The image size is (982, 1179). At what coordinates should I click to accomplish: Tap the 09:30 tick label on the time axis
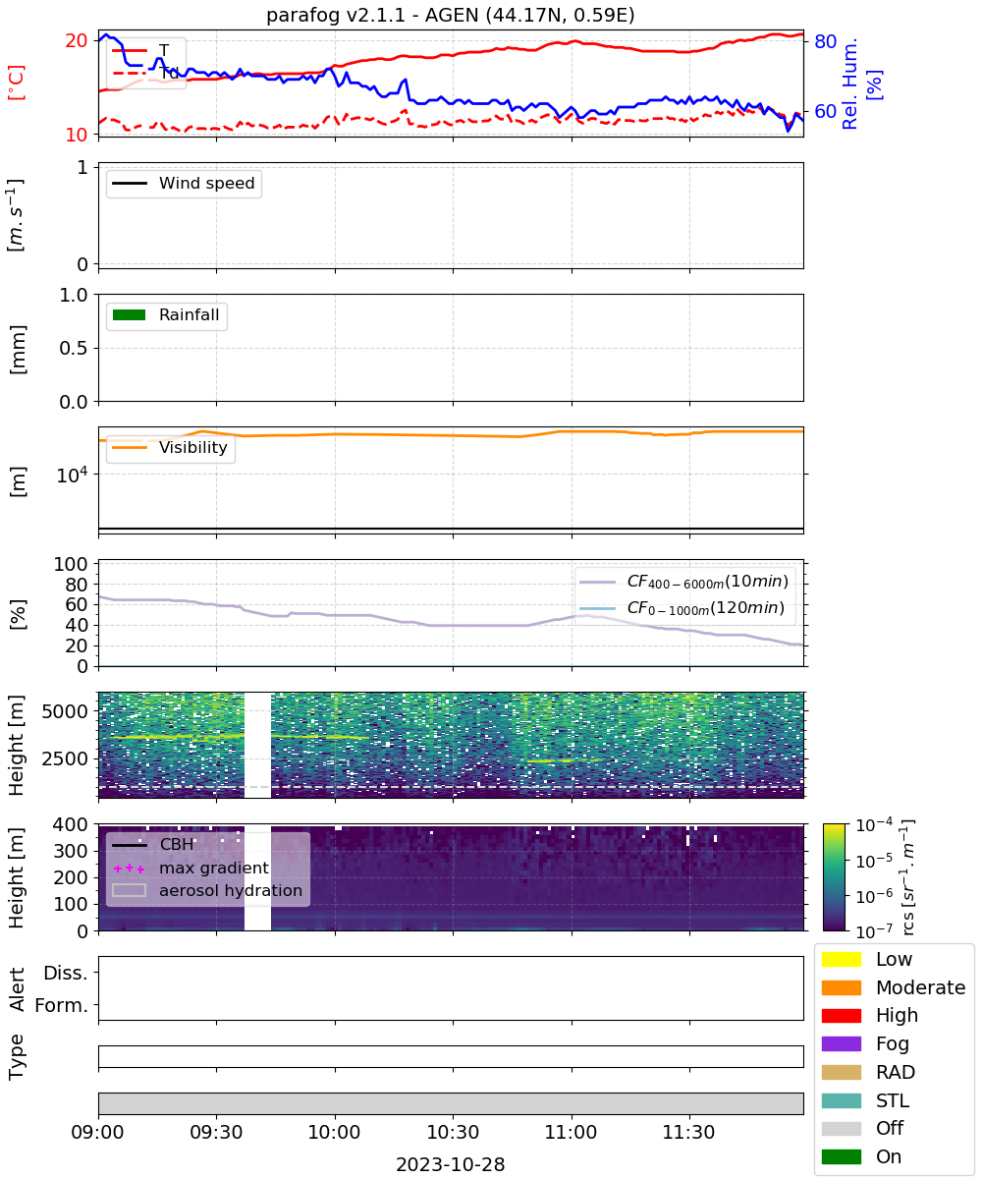point(216,1132)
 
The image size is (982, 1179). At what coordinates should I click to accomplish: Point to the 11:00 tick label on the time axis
point(571,1132)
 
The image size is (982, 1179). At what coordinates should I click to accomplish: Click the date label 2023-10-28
point(451,1163)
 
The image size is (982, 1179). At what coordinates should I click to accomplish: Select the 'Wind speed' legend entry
point(184,183)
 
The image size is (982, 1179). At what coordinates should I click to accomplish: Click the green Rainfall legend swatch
point(130,314)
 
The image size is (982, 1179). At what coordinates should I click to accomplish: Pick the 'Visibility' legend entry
point(169,447)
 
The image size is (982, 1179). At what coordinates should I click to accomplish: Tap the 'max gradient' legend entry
point(191,868)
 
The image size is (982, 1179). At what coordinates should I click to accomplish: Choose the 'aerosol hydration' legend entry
point(207,890)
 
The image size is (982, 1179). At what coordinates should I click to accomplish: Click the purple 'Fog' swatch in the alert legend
point(841,1043)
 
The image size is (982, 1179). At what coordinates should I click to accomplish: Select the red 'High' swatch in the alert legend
point(841,1015)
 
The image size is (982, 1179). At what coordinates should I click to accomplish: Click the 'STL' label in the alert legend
point(893,1100)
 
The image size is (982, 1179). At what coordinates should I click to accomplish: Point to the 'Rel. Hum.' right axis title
point(849,84)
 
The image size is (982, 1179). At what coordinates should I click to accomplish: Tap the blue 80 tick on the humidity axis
point(825,41)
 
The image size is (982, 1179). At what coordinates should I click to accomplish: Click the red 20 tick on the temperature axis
point(77,40)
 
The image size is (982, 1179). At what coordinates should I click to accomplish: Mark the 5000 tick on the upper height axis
point(65,711)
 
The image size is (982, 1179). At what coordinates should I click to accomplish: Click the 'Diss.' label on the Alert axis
point(66,973)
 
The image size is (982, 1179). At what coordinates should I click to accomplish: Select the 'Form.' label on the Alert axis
point(62,1005)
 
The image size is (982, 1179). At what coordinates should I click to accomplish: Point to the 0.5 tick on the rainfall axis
point(74,348)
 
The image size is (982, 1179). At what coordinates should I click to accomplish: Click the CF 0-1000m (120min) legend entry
point(682,608)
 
